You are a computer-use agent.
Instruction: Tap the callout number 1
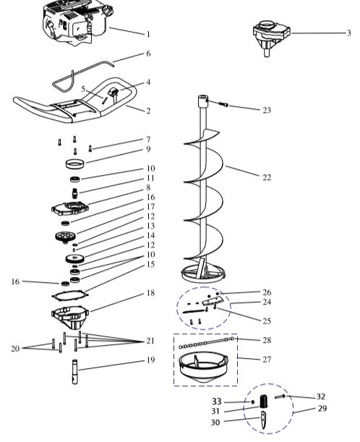coord(147,34)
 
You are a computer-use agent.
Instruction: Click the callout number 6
coord(148,54)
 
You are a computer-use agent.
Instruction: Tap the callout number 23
coord(267,110)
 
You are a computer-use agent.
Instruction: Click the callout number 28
coord(267,339)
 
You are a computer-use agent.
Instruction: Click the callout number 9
coord(147,149)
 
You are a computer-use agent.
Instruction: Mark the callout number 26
coord(267,292)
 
